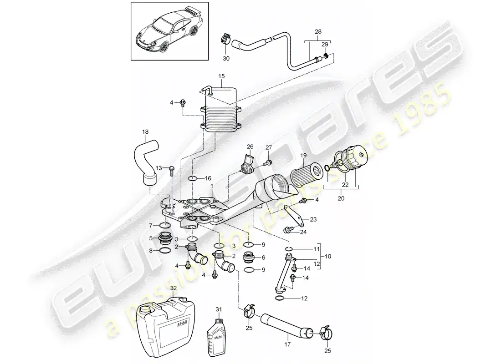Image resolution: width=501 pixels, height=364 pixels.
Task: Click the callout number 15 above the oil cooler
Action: coord(221,76)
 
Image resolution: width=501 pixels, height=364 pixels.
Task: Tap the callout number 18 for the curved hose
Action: coord(145,132)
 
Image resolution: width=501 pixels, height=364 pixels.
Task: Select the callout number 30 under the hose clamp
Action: coord(226,58)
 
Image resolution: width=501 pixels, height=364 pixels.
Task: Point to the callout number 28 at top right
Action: coord(318,31)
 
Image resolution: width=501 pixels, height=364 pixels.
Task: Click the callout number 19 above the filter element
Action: coord(303,156)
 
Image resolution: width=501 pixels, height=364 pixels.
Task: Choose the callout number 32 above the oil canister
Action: coord(173,288)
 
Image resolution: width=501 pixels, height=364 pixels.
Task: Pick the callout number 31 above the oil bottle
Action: coord(219,309)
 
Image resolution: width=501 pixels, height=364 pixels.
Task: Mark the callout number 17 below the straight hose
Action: coord(287,344)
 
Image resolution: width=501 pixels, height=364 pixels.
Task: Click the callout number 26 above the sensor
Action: coord(250,147)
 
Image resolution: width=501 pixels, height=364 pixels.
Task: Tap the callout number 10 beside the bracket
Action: coord(328,257)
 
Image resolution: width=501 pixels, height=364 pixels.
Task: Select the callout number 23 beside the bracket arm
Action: coord(313,219)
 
